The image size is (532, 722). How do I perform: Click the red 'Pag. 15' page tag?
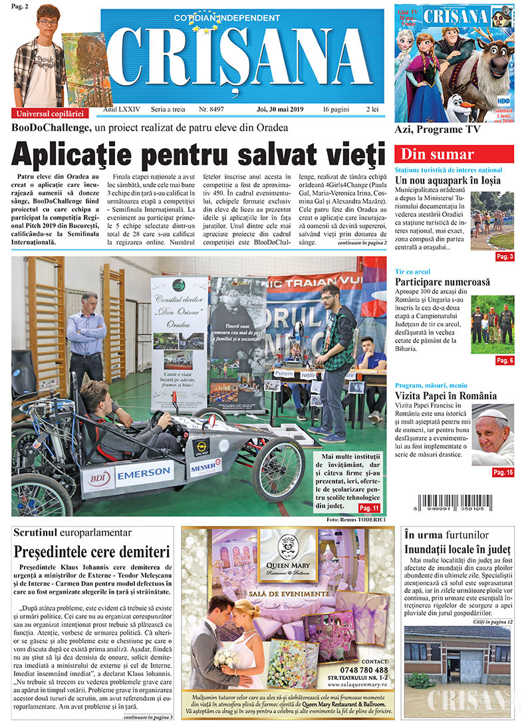(503, 473)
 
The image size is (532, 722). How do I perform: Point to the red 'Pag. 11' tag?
(368, 508)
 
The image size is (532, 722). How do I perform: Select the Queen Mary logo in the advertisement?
(288, 551)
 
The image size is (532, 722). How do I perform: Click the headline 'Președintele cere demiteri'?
(92, 551)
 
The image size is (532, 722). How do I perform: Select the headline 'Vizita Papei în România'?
(449, 397)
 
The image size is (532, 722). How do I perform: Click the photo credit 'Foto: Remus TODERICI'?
(356, 519)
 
